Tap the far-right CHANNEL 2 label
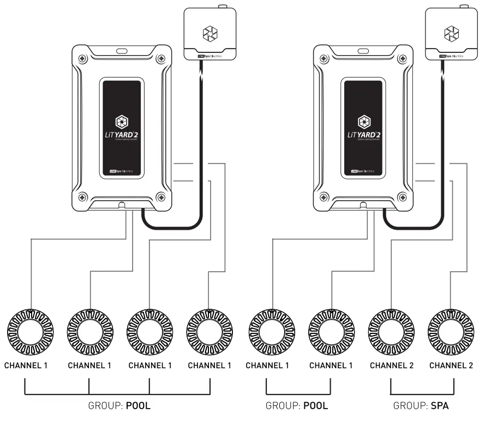click(452, 366)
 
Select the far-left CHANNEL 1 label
click(26, 366)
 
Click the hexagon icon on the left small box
click(209, 34)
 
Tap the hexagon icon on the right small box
click(452, 34)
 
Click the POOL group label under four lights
click(138, 406)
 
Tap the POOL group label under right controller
click(316, 406)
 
